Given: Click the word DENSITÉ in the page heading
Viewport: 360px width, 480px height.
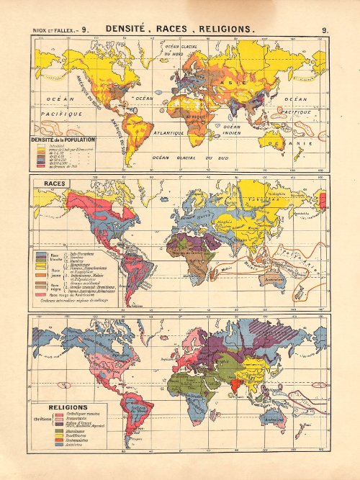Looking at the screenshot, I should tap(131, 30).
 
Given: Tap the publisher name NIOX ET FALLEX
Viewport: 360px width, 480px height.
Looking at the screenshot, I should tap(50, 30).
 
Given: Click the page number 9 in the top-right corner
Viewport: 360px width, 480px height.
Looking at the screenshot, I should tap(326, 30).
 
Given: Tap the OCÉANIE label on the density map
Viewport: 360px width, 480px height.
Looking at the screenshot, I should tap(301, 142).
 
